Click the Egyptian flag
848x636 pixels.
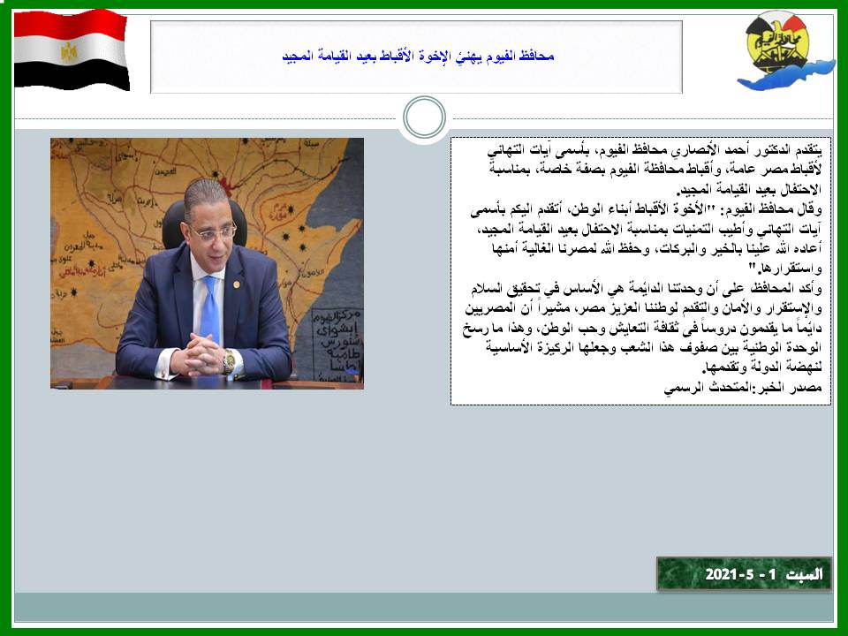(x=72, y=49)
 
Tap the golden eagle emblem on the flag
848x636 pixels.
(x=69, y=52)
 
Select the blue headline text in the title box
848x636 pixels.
(x=418, y=57)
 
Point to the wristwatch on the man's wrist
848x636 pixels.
(x=229, y=361)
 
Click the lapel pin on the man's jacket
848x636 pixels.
(x=237, y=284)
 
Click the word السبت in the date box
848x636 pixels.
(x=805, y=574)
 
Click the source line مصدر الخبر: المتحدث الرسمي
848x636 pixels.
(x=743, y=387)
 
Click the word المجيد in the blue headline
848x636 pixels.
(x=299, y=57)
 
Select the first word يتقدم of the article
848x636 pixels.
(x=806, y=149)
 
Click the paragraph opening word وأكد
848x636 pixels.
(x=811, y=289)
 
